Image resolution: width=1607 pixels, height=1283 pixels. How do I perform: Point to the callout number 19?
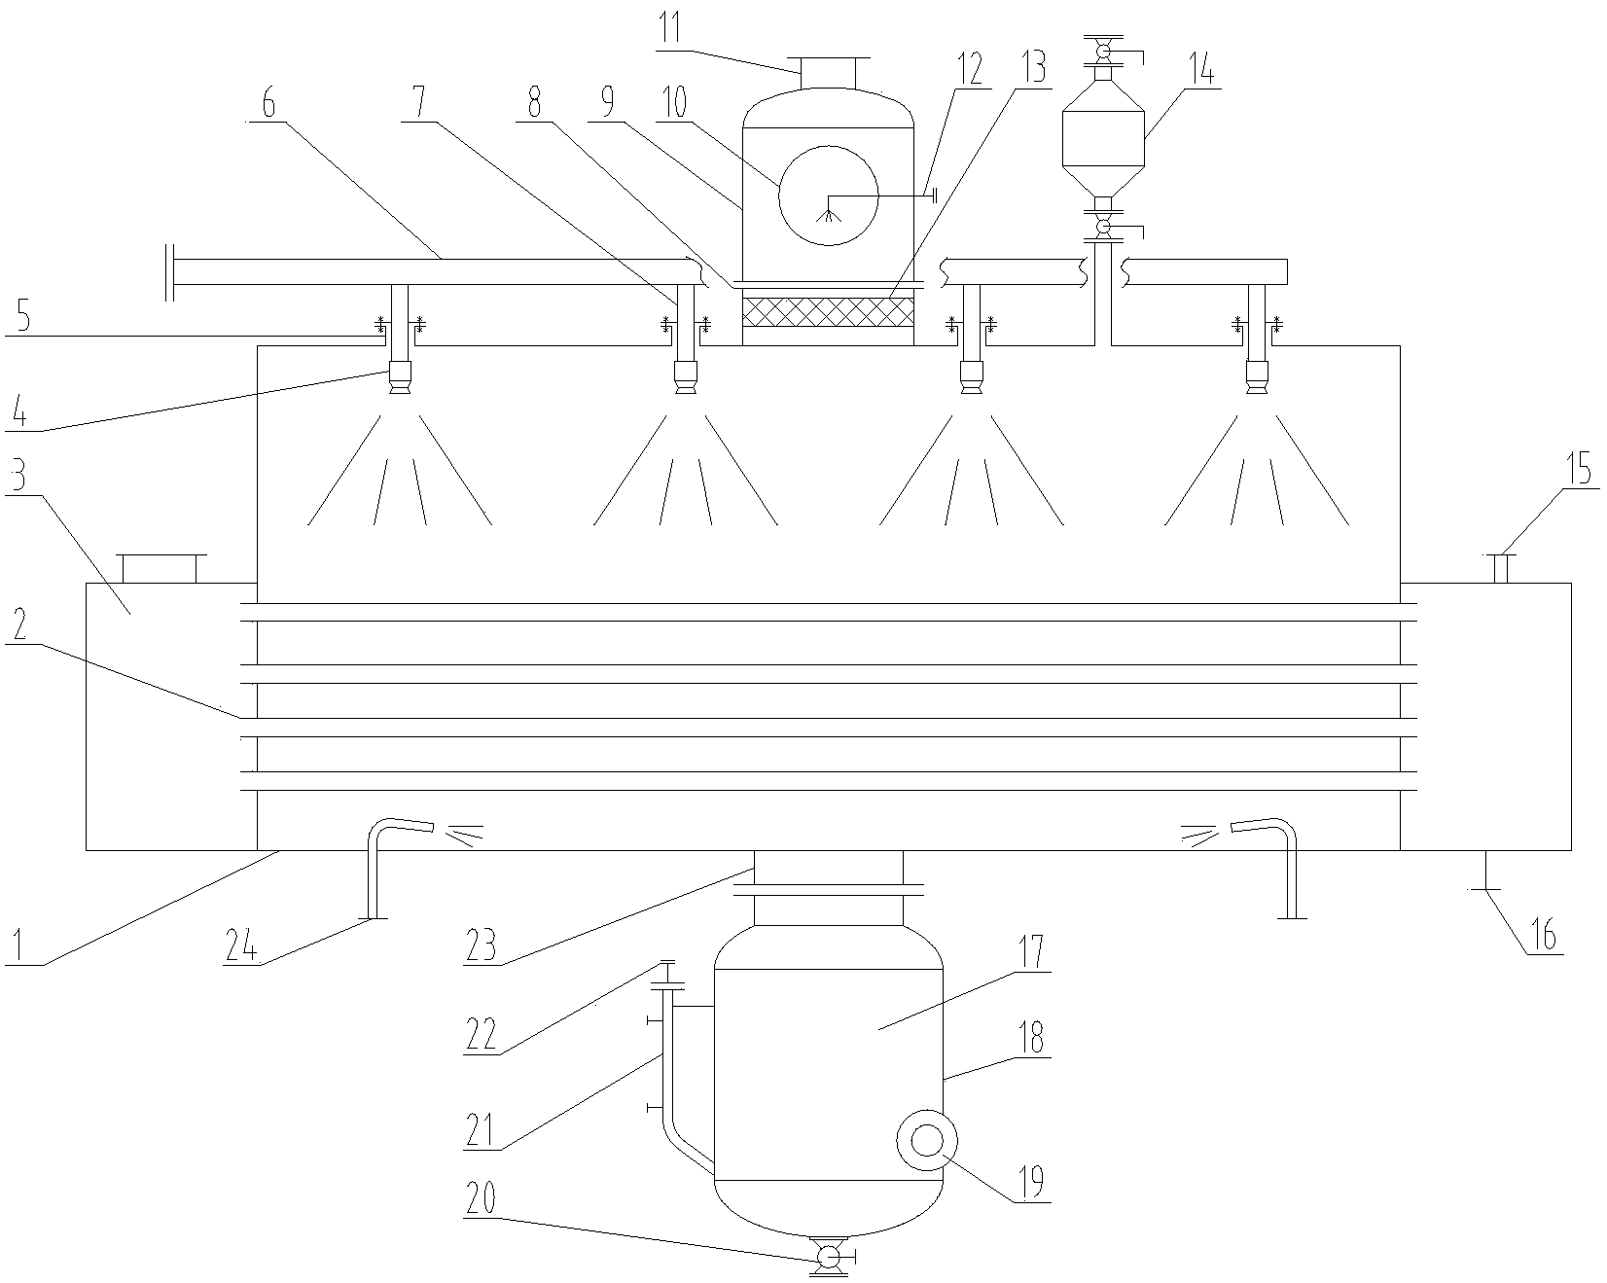click(1030, 1181)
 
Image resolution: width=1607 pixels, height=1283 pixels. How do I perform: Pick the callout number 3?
click(18, 478)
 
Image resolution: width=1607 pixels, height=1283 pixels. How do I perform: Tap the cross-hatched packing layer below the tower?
click(828, 312)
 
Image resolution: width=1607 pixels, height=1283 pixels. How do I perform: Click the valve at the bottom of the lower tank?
click(828, 1258)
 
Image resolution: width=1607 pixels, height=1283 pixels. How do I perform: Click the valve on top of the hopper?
click(1104, 48)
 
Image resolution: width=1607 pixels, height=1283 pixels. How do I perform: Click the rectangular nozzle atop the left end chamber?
click(161, 568)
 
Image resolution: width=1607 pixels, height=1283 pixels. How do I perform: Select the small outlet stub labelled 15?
click(1500, 567)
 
